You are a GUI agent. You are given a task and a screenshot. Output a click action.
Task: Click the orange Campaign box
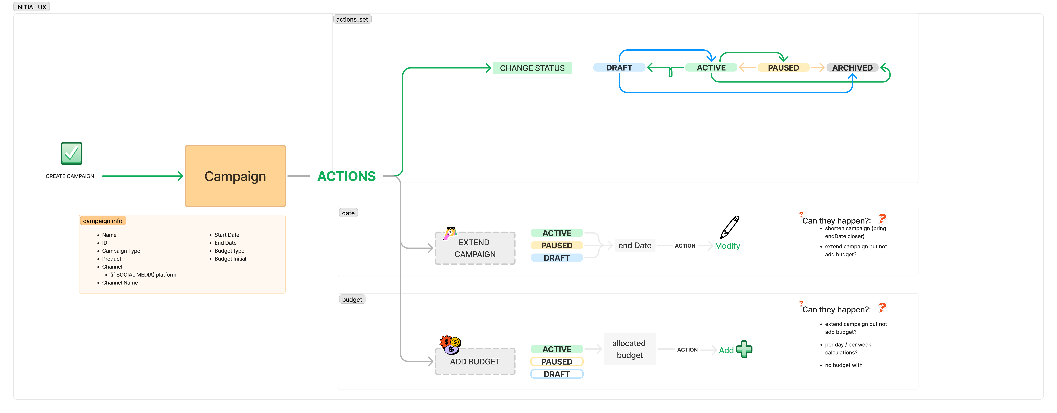235,176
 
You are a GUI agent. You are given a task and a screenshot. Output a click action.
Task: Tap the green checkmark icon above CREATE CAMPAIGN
71,153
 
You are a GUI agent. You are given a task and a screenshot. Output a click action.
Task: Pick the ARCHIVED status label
852,68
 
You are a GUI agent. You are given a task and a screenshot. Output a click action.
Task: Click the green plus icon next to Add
744,349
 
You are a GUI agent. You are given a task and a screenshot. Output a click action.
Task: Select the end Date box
635,245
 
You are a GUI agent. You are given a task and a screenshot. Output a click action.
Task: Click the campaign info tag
103,221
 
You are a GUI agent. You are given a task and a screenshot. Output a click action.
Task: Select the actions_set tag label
352,19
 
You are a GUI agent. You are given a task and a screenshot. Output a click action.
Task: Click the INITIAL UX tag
31,7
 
